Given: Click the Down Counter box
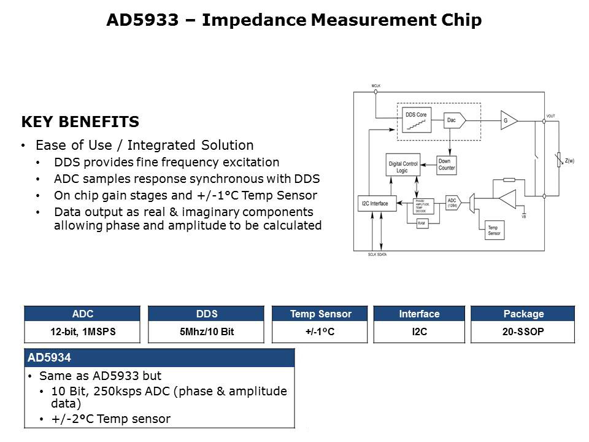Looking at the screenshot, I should click(447, 164).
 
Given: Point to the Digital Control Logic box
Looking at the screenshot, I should click(403, 167).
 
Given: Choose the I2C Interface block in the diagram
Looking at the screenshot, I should click(375, 203).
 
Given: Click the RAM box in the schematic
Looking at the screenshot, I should click(422, 223).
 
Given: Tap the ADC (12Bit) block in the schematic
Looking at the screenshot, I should click(452, 203).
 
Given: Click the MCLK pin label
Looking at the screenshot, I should click(376, 86).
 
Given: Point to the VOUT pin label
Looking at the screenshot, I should click(551, 115).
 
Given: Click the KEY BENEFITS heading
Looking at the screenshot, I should click(80, 122).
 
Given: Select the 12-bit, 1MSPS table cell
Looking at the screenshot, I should click(83, 331).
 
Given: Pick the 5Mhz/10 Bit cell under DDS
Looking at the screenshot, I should click(206, 331).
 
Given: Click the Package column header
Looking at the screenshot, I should click(523, 314).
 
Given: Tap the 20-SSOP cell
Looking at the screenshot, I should click(523, 331).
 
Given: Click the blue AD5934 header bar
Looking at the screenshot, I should click(160, 357).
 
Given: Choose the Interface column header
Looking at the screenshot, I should click(419, 314).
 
